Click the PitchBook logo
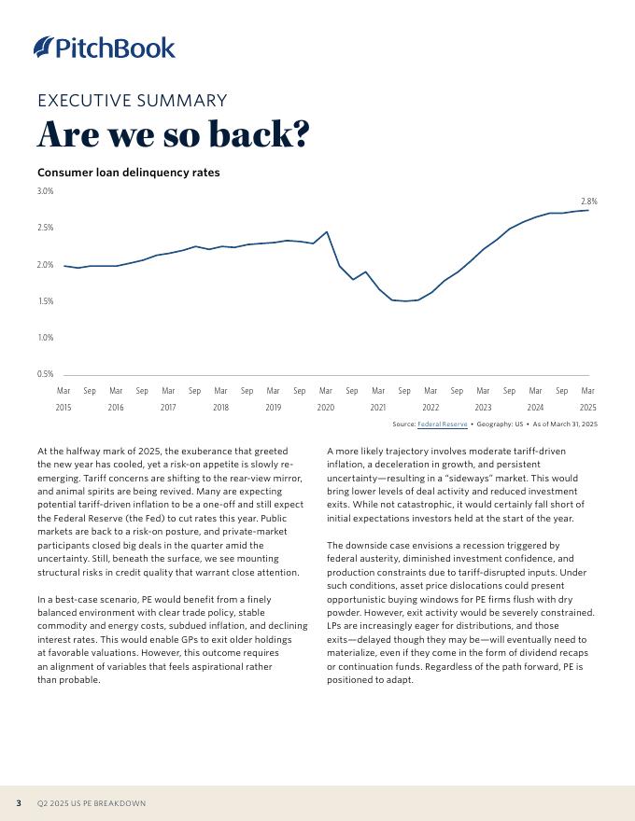[x=104, y=47]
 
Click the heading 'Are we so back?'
[x=173, y=134]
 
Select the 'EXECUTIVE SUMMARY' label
[x=132, y=101]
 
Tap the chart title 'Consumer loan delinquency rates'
[x=128, y=173]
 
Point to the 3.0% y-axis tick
[x=45, y=191]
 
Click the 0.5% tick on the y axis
[x=45, y=374]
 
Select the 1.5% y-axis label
[x=45, y=301]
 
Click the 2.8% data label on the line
[x=588, y=202]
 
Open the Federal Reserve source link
[x=442, y=424]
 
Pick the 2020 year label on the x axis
[x=325, y=408]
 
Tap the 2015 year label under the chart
[x=63, y=408]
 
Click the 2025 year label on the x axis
[x=587, y=408]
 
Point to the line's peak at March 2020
[x=326, y=232]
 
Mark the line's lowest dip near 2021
[x=405, y=301]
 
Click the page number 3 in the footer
[x=19, y=803]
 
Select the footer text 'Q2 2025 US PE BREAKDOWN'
[x=92, y=803]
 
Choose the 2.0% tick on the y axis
[x=45, y=265]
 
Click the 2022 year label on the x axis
[x=430, y=408]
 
